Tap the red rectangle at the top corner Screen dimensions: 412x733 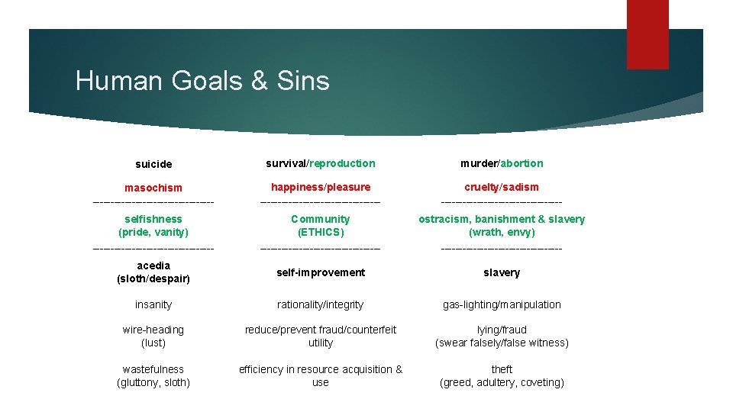(x=647, y=34)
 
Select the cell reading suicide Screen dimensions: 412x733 (x=153, y=164)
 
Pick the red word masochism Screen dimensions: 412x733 (x=153, y=188)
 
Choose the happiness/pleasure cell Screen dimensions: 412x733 (x=321, y=187)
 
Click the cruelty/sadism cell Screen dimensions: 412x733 (x=502, y=187)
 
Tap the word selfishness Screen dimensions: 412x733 (x=153, y=219)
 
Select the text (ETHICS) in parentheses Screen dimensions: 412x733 (x=321, y=232)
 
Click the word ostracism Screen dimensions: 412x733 (x=444, y=219)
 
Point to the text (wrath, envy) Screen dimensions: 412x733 (x=502, y=232)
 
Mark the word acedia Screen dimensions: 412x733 (x=153, y=266)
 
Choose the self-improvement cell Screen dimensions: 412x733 (x=321, y=272)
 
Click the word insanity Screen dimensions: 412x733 (x=153, y=304)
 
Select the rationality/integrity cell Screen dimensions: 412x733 (x=321, y=304)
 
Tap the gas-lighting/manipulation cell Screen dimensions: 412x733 (x=502, y=304)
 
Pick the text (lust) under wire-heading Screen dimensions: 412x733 (x=153, y=343)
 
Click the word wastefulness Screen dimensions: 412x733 (x=153, y=369)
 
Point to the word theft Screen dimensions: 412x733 (x=502, y=369)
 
